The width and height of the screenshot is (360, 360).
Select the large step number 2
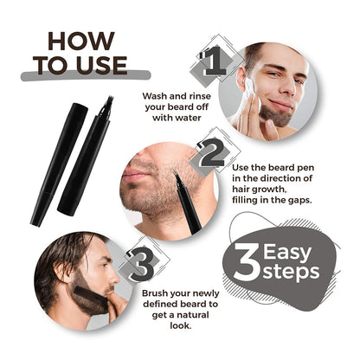click(x=211, y=153)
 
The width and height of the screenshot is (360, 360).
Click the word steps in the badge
click(x=292, y=273)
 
